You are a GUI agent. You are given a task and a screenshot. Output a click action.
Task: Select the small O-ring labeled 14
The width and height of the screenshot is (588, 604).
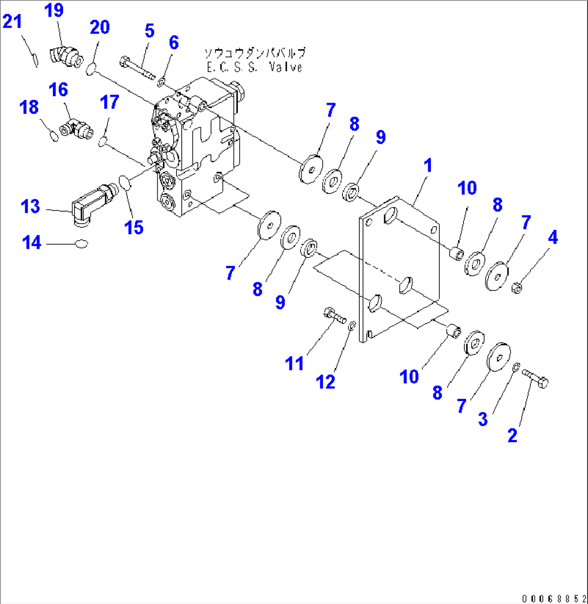click(x=82, y=244)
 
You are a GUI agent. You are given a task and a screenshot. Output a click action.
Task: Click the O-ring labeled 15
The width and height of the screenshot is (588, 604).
click(x=125, y=184)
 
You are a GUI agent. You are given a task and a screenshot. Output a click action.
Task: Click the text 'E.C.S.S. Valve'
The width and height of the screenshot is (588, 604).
click(x=254, y=67)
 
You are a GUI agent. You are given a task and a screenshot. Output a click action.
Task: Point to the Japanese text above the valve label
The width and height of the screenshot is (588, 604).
click(x=254, y=53)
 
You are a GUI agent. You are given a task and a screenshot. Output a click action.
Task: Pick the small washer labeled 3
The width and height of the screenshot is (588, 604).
click(x=516, y=368)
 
